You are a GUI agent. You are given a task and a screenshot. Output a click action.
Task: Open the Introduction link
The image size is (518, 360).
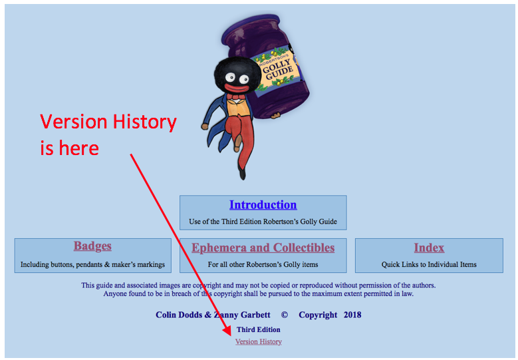click(263, 205)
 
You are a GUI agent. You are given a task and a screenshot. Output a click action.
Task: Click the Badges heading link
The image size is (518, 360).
click(92, 246)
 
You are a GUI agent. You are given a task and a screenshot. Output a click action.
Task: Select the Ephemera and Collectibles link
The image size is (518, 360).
click(263, 248)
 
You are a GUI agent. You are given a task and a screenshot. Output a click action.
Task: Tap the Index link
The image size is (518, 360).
click(429, 248)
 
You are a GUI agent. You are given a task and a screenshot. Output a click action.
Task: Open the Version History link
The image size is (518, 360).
click(259, 341)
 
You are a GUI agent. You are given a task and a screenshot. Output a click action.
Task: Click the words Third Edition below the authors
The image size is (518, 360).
click(259, 329)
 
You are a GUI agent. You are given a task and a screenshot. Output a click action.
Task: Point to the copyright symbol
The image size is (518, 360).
click(284, 315)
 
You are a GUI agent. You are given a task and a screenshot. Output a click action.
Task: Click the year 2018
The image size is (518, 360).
click(352, 315)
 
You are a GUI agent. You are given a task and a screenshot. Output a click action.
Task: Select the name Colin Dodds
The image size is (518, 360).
click(179, 315)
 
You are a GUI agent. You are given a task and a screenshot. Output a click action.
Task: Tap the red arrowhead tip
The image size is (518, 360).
click(231, 335)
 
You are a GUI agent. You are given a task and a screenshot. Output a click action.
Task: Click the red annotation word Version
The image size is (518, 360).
click(74, 122)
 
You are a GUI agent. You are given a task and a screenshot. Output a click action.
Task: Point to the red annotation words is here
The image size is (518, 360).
click(69, 148)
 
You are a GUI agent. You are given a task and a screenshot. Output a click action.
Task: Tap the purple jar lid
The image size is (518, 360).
click(251, 24)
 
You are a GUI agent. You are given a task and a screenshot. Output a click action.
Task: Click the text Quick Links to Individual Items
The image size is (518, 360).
click(429, 264)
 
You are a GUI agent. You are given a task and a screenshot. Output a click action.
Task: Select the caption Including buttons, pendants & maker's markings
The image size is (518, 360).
click(92, 264)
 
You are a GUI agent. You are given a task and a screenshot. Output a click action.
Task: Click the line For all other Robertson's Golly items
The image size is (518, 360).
click(263, 264)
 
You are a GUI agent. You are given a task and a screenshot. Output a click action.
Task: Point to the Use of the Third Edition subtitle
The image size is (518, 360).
click(263, 222)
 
